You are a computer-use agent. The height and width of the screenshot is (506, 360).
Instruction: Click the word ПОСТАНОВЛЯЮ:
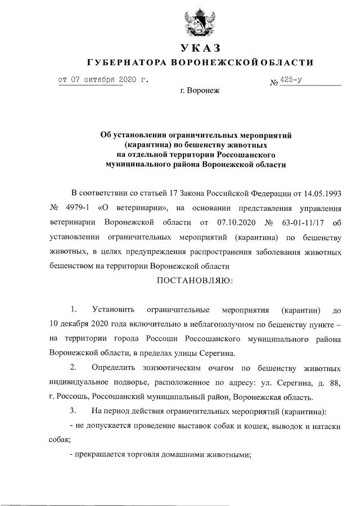(195, 279)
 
